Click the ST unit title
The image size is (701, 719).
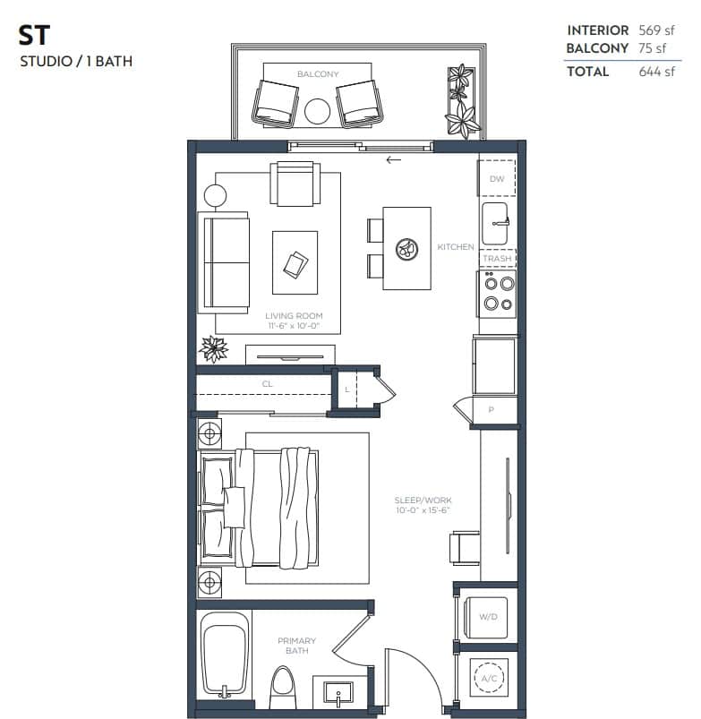(34, 37)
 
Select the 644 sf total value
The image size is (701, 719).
(656, 72)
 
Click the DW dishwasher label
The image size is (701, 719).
(497, 179)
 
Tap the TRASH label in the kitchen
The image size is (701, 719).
(497, 259)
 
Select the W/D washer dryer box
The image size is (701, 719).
(488, 616)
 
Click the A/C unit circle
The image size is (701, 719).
(488, 679)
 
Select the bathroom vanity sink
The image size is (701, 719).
(338, 694)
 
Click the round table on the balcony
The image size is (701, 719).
(318, 112)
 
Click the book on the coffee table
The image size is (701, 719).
(295, 263)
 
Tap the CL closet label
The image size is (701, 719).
(267, 384)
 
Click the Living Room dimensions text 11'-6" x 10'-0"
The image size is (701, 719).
(294, 327)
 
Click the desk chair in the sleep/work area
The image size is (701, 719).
(465, 547)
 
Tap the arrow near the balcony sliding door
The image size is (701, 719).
(393, 161)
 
